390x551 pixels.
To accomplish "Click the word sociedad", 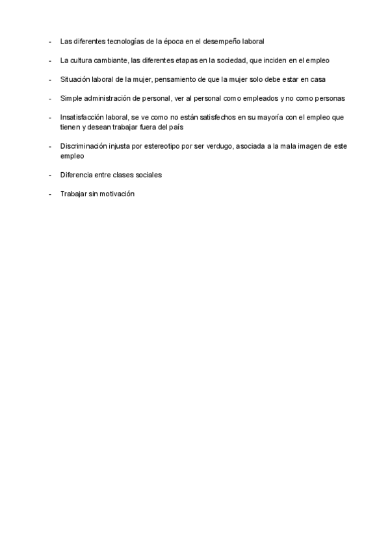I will tap(227, 60).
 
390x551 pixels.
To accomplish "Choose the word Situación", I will tap(75, 79).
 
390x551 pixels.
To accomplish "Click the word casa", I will tap(317, 79).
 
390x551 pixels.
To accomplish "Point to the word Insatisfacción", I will tap(82, 118).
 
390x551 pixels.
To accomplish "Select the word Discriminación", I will tap(83, 146).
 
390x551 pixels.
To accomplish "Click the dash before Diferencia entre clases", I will tap(50, 175).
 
